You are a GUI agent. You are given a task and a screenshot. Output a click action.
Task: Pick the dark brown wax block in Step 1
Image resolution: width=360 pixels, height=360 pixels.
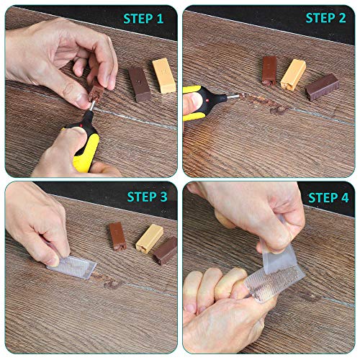point(138,84)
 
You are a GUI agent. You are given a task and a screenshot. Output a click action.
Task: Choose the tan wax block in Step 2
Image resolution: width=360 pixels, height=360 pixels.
point(293,73)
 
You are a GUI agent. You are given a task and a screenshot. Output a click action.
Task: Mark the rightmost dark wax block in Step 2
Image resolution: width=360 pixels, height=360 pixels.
point(321,86)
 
